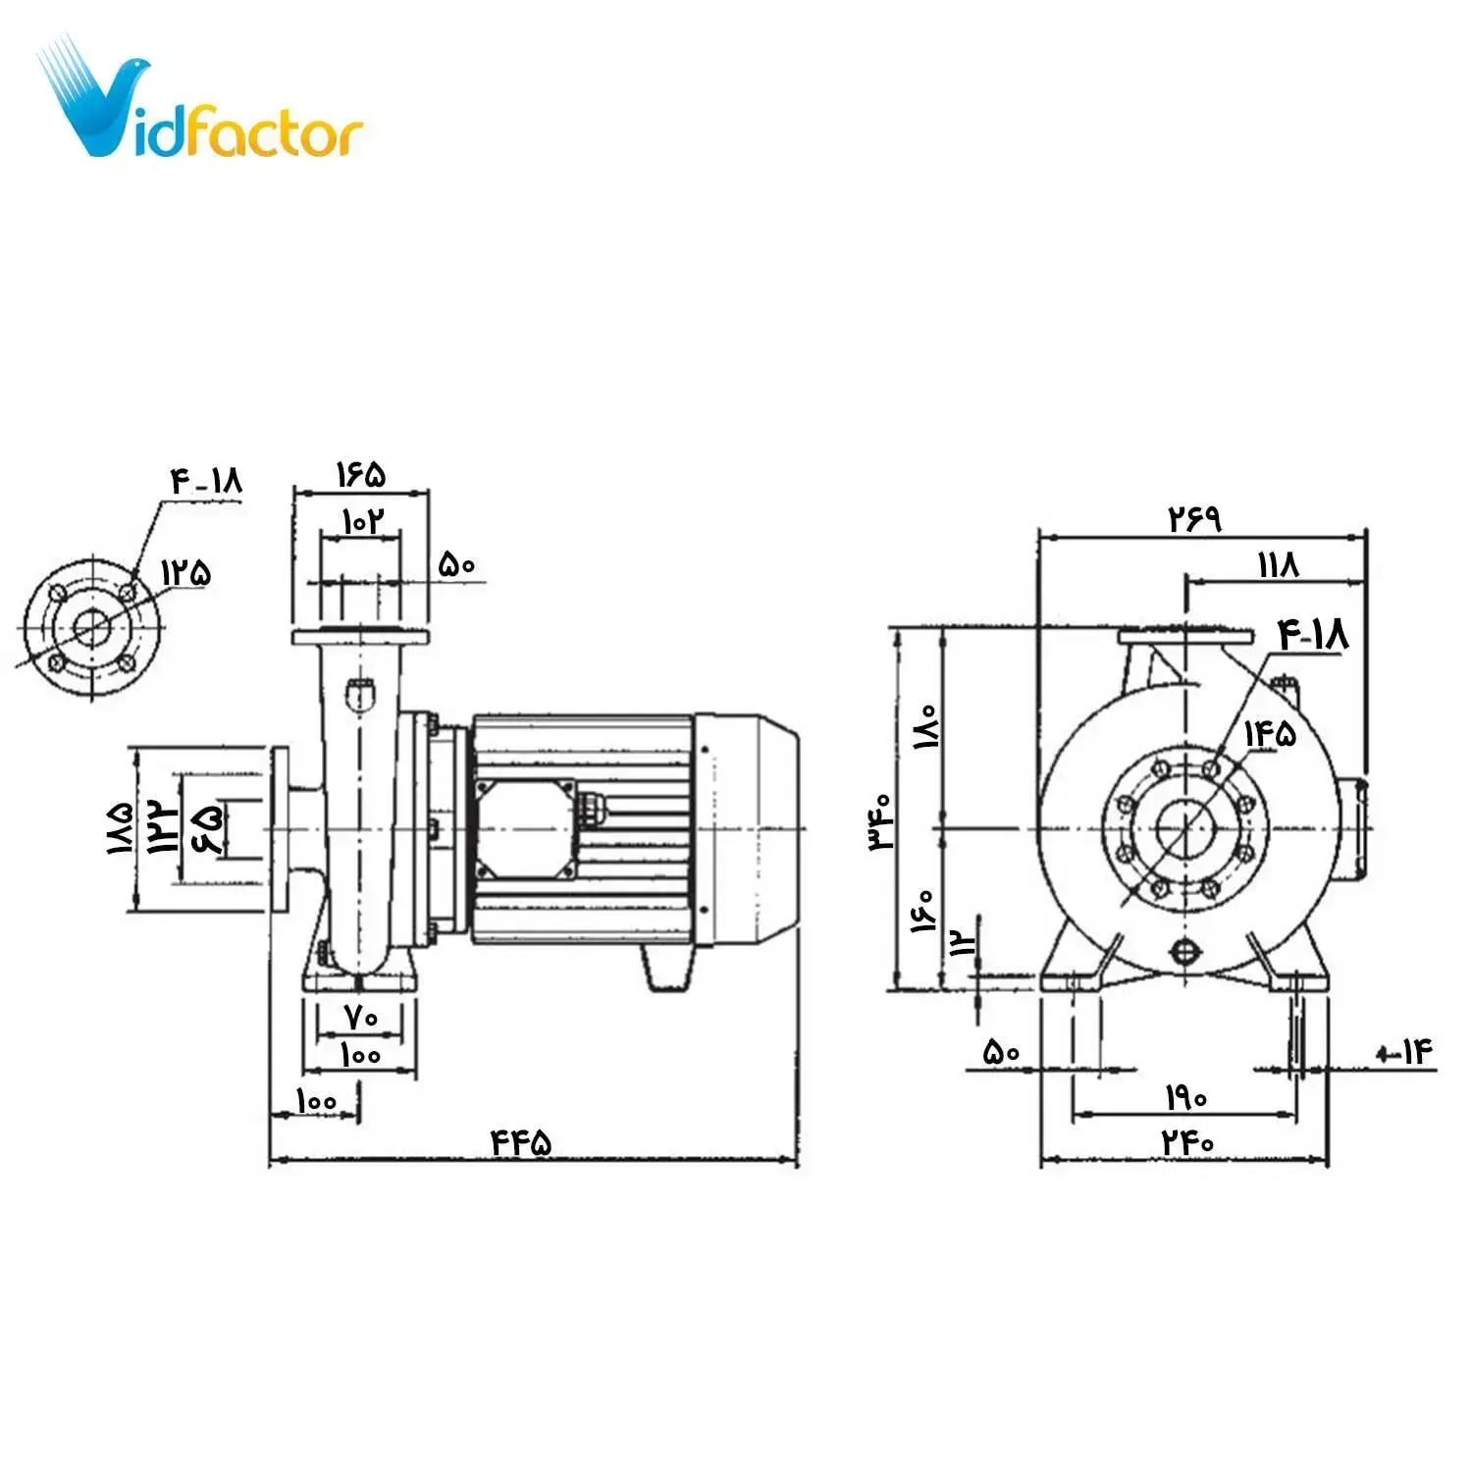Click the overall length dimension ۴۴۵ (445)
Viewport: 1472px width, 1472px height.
[x=521, y=1142]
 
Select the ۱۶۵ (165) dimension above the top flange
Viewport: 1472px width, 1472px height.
[x=361, y=475]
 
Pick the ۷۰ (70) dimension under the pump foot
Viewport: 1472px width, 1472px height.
[x=361, y=1018]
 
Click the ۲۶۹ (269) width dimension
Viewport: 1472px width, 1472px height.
[x=1194, y=518]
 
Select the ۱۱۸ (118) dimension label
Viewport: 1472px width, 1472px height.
[x=1278, y=565]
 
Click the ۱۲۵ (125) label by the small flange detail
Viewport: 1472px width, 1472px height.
[x=186, y=572]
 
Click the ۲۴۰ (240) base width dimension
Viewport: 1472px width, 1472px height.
[x=1187, y=1142]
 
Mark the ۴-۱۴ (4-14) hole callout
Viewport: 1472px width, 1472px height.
[x=1406, y=1053]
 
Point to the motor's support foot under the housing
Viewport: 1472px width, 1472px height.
[x=667, y=968]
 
